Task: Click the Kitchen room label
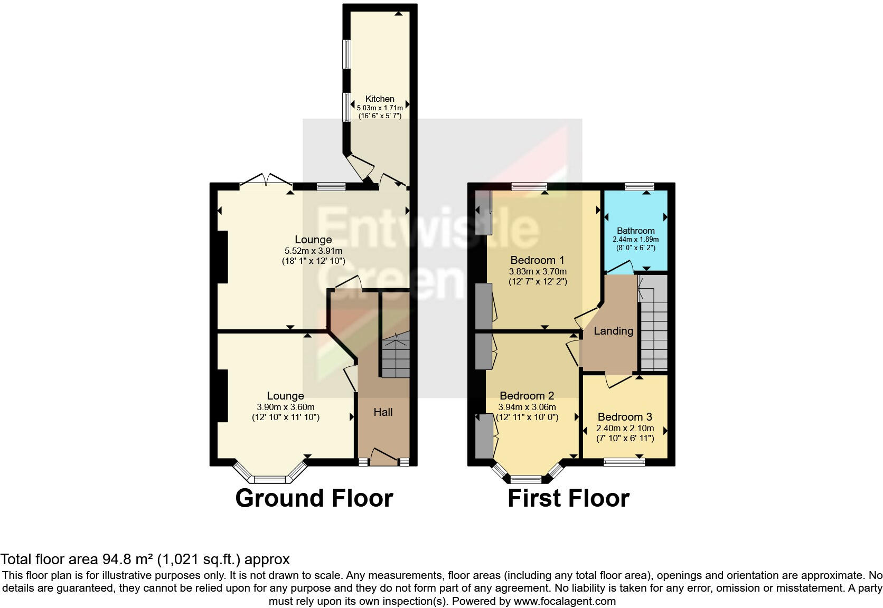(380, 99)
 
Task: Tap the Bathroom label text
(635, 231)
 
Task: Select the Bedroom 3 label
(625, 417)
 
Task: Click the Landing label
(613, 331)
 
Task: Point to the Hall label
(383, 412)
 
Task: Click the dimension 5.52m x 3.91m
(313, 251)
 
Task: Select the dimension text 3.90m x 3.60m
(286, 407)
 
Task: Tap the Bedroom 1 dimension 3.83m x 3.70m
(538, 271)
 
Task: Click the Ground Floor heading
(314, 498)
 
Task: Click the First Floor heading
(568, 498)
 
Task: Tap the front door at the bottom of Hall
(384, 457)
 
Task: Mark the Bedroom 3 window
(624, 462)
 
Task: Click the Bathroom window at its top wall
(639, 186)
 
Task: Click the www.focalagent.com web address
(564, 601)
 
